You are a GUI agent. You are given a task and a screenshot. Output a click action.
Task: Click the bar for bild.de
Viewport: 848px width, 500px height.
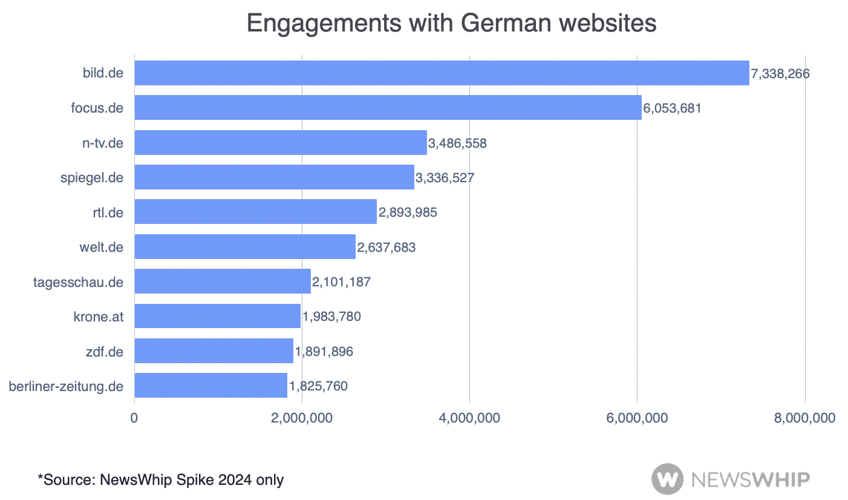tap(442, 73)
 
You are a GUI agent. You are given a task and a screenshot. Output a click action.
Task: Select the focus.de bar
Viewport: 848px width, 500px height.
tap(388, 108)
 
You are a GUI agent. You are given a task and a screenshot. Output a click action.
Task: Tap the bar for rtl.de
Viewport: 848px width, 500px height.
tap(255, 212)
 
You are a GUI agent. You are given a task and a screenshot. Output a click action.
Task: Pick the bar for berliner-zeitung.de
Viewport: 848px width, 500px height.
tap(210, 386)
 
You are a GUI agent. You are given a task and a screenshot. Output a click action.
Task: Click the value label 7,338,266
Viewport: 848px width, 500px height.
tap(780, 74)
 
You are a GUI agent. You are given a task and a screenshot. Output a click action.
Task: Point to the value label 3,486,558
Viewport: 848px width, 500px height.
tap(457, 143)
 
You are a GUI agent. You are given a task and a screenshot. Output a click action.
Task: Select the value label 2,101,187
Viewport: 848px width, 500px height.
tap(341, 281)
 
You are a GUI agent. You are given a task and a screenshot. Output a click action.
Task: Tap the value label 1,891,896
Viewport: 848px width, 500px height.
tap(324, 351)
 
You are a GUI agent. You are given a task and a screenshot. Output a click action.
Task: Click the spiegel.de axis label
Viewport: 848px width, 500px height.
tap(92, 178)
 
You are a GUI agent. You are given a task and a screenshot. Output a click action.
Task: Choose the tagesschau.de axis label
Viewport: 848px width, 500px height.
tap(78, 282)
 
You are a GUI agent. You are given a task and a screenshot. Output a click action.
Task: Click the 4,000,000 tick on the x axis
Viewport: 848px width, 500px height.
tap(470, 418)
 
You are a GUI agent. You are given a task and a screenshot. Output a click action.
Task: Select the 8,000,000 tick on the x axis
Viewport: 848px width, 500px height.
tap(805, 418)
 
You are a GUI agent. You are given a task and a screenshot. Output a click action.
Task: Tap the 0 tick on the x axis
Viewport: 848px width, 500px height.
tap(134, 418)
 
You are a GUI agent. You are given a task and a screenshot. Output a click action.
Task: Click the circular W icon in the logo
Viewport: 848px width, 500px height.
tap(667, 479)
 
